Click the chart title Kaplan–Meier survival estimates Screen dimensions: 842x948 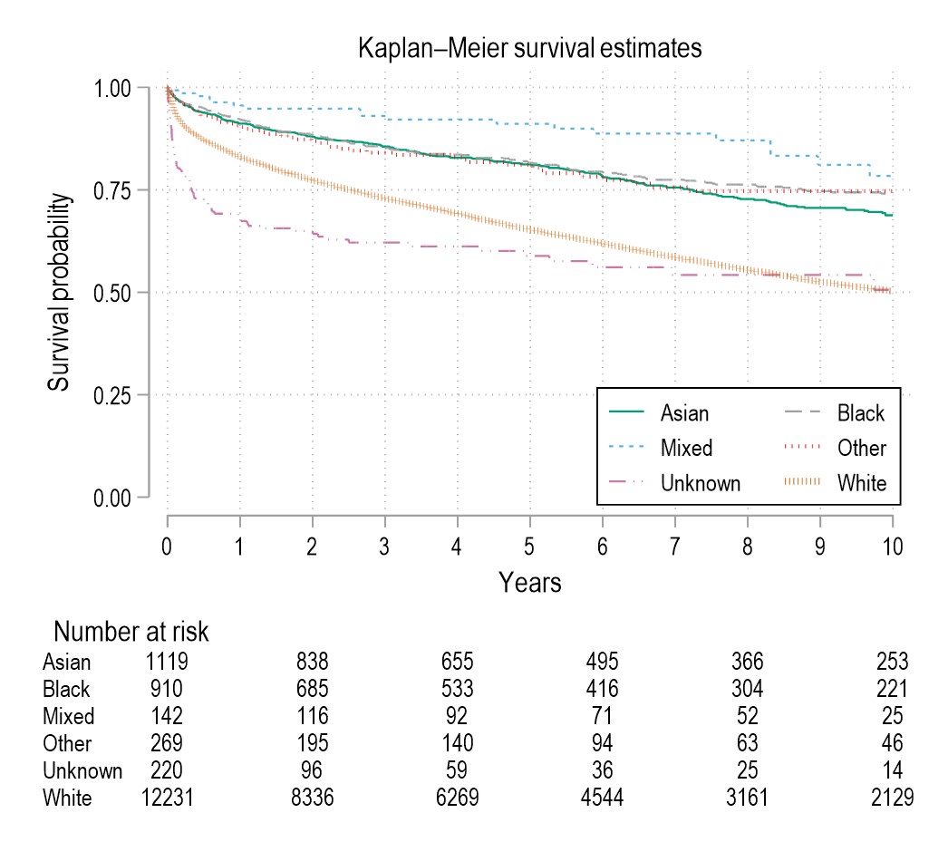click(530, 48)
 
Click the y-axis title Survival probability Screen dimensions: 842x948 click(60, 292)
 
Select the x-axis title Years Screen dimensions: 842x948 click(530, 583)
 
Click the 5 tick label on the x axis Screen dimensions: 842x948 click(530, 547)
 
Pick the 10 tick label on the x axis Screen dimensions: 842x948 click(893, 547)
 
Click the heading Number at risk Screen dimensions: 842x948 click(132, 631)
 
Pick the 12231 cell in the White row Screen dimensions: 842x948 click(168, 798)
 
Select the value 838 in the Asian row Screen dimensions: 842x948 click(313, 663)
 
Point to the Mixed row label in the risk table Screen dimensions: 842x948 click(69, 717)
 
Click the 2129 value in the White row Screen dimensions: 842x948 click(893, 798)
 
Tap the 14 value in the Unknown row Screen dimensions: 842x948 click(893, 771)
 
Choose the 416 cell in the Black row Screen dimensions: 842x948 click(603, 690)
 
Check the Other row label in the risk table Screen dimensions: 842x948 click(67, 744)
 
